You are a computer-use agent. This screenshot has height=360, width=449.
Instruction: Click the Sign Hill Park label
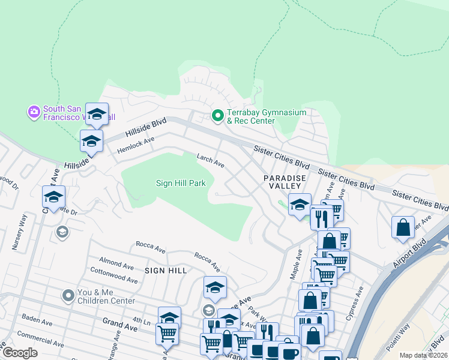pyautogui.click(x=181, y=183)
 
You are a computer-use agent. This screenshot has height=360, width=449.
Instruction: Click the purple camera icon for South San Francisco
pyautogui.click(x=34, y=112)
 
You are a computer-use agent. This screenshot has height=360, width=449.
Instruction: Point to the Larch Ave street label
pyautogui.click(x=211, y=160)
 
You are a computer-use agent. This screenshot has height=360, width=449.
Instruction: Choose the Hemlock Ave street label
pyautogui.click(x=136, y=143)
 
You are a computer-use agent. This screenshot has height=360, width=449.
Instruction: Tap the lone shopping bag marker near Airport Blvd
pyautogui.click(x=403, y=227)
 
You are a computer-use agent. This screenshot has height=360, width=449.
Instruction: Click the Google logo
pyautogui.click(x=19, y=353)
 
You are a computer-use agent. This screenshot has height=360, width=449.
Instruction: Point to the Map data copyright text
pyautogui.click(x=423, y=355)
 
